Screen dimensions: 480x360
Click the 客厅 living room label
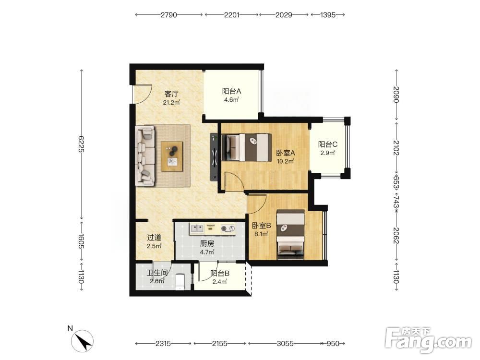(171, 94)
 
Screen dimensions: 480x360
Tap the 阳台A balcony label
(231, 91)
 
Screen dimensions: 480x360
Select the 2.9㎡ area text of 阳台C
(327, 153)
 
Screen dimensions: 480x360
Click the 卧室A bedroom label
(286, 153)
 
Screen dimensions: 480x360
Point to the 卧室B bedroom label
(262, 226)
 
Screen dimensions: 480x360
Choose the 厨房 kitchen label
(207, 244)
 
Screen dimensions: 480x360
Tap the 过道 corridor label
(154, 237)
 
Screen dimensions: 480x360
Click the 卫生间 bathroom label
(157, 273)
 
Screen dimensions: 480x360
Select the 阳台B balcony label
(220, 274)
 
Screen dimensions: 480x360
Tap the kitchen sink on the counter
(197, 228)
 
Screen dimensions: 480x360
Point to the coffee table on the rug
(172, 156)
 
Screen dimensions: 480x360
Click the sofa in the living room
(145, 156)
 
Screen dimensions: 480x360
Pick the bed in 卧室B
(290, 234)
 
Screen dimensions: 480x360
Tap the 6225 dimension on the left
(81, 144)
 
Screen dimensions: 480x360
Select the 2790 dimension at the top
(169, 15)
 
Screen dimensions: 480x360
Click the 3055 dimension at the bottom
(285, 344)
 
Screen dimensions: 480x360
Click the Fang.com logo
(428, 339)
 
